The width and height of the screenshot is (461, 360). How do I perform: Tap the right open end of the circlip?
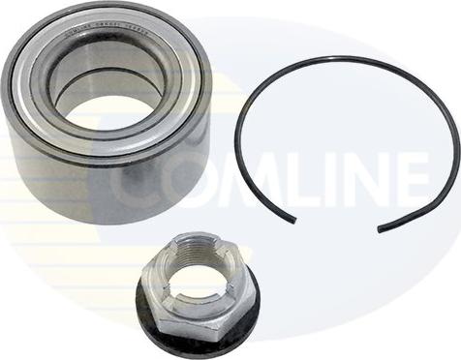pyautogui.click(x=379, y=229)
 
